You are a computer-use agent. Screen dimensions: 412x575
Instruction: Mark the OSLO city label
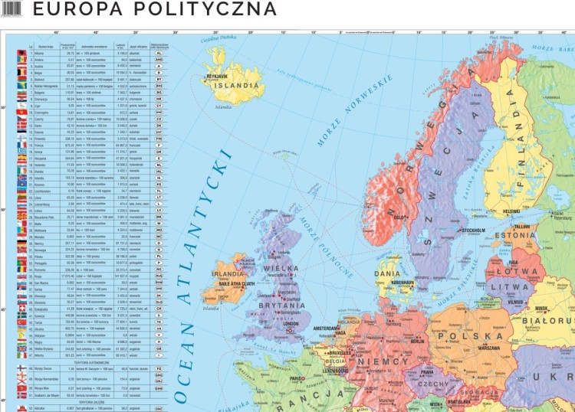click(x=399, y=217)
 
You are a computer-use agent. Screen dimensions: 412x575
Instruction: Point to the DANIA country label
click(x=387, y=273)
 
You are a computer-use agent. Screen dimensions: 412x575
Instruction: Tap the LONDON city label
click(x=290, y=324)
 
